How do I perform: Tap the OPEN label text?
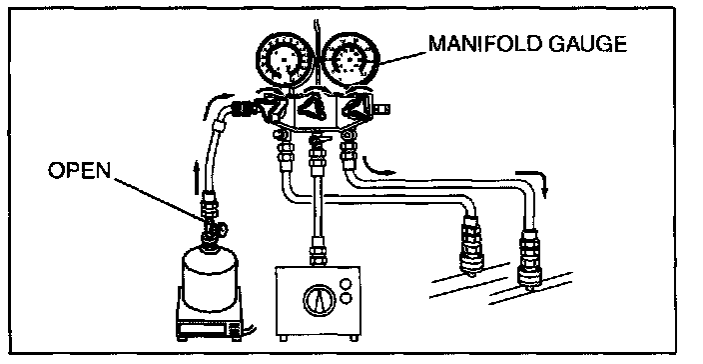(79, 171)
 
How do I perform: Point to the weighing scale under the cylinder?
(211, 322)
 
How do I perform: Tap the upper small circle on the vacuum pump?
(346, 283)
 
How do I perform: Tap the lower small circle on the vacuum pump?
(346, 298)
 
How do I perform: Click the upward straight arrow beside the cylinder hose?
(196, 178)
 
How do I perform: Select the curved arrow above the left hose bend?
(218, 102)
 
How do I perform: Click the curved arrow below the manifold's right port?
(375, 167)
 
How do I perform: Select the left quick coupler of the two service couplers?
(470, 245)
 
